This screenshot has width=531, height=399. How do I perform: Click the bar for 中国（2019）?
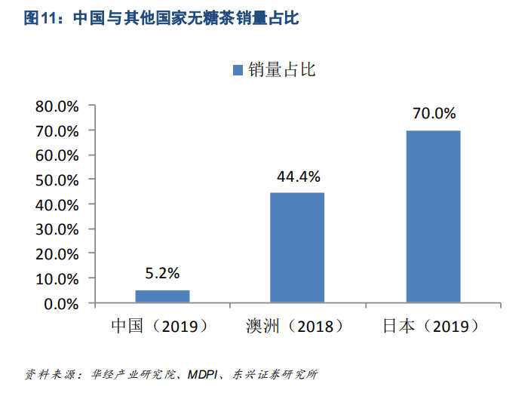click(162, 296)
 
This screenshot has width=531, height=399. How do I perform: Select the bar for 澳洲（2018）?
click(297, 247)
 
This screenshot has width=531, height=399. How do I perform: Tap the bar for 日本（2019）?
click(433, 216)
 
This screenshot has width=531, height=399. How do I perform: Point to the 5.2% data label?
click(163, 273)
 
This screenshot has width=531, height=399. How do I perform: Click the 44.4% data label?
click(298, 176)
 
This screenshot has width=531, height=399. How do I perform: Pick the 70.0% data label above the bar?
click(434, 114)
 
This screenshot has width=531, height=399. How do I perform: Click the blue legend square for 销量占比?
click(238, 70)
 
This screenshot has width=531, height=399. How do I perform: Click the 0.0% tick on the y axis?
click(61, 304)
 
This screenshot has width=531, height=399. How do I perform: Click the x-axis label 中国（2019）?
click(160, 327)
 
